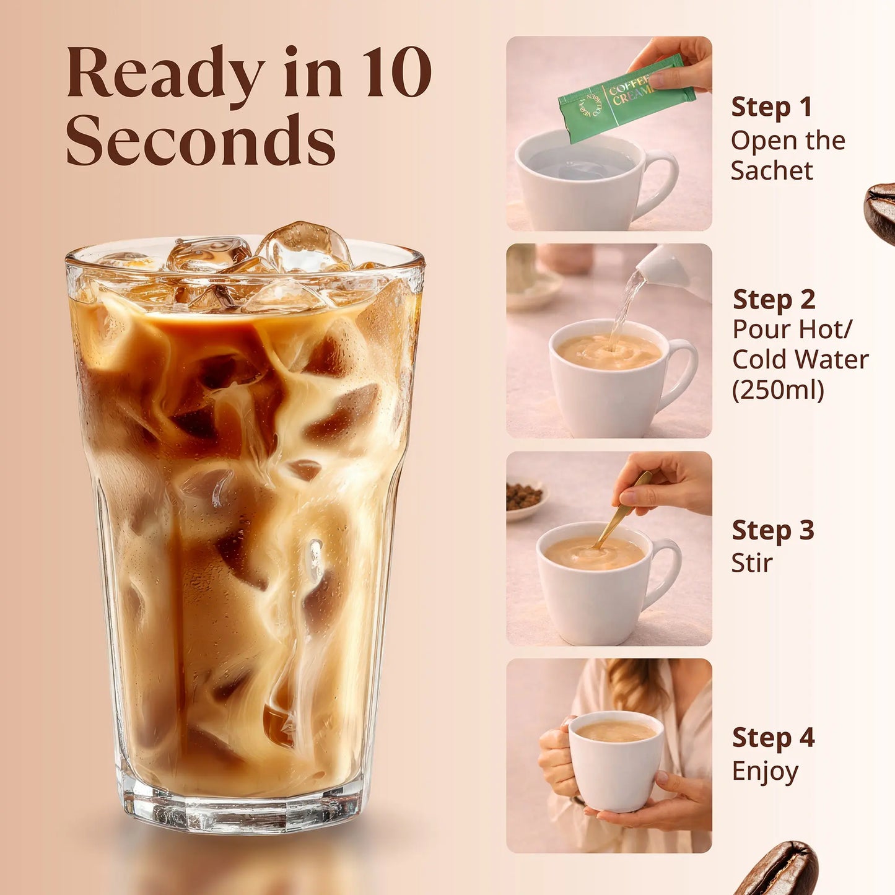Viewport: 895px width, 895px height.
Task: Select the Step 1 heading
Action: (x=771, y=107)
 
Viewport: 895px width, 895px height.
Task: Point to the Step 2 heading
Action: (x=774, y=300)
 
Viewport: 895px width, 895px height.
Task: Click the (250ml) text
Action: (x=778, y=390)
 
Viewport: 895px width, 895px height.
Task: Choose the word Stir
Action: (x=751, y=563)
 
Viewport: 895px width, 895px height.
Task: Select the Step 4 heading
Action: (x=773, y=738)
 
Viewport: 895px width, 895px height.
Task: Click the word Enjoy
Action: (x=765, y=772)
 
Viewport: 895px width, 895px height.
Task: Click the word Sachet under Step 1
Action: (x=771, y=171)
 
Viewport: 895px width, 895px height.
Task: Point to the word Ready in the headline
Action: (x=165, y=72)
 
